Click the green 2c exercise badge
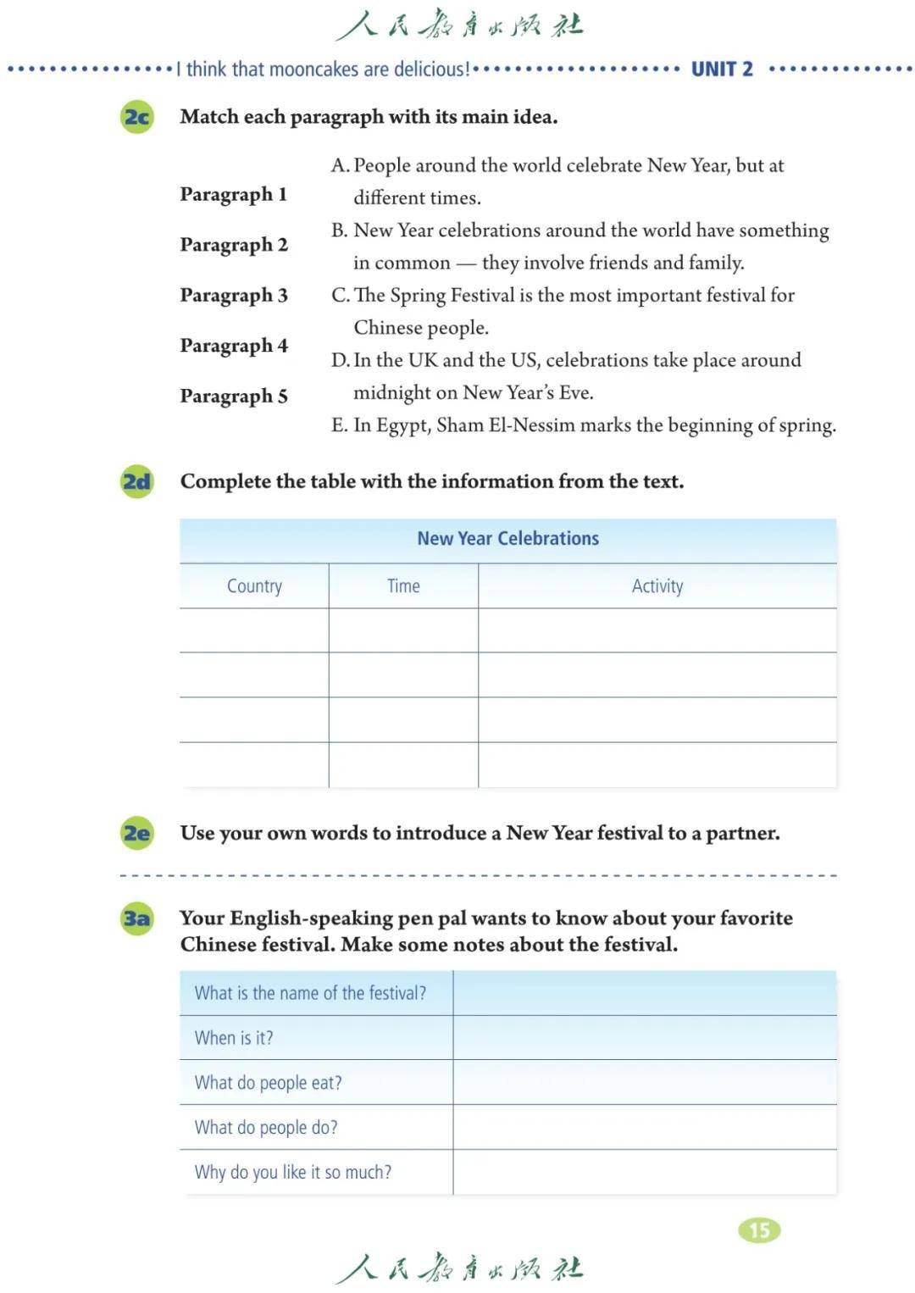point(137,117)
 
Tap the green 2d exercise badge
point(137,482)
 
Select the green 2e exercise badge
point(137,834)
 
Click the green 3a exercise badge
point(137,918)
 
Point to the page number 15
point(759,1229)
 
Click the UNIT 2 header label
point(722,69)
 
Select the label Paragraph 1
point(234,195)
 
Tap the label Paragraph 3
point(234,296)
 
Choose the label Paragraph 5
point(234,397)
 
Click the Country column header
point(254,586)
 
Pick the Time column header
point(403,586)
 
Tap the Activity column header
point(657,586)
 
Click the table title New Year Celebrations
point(507,539)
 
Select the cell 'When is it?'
point(234,1038)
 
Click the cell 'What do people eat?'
point(268,1083)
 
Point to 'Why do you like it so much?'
point(293,1173)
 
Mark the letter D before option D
point(340,361)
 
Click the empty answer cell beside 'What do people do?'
point(644,1128)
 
